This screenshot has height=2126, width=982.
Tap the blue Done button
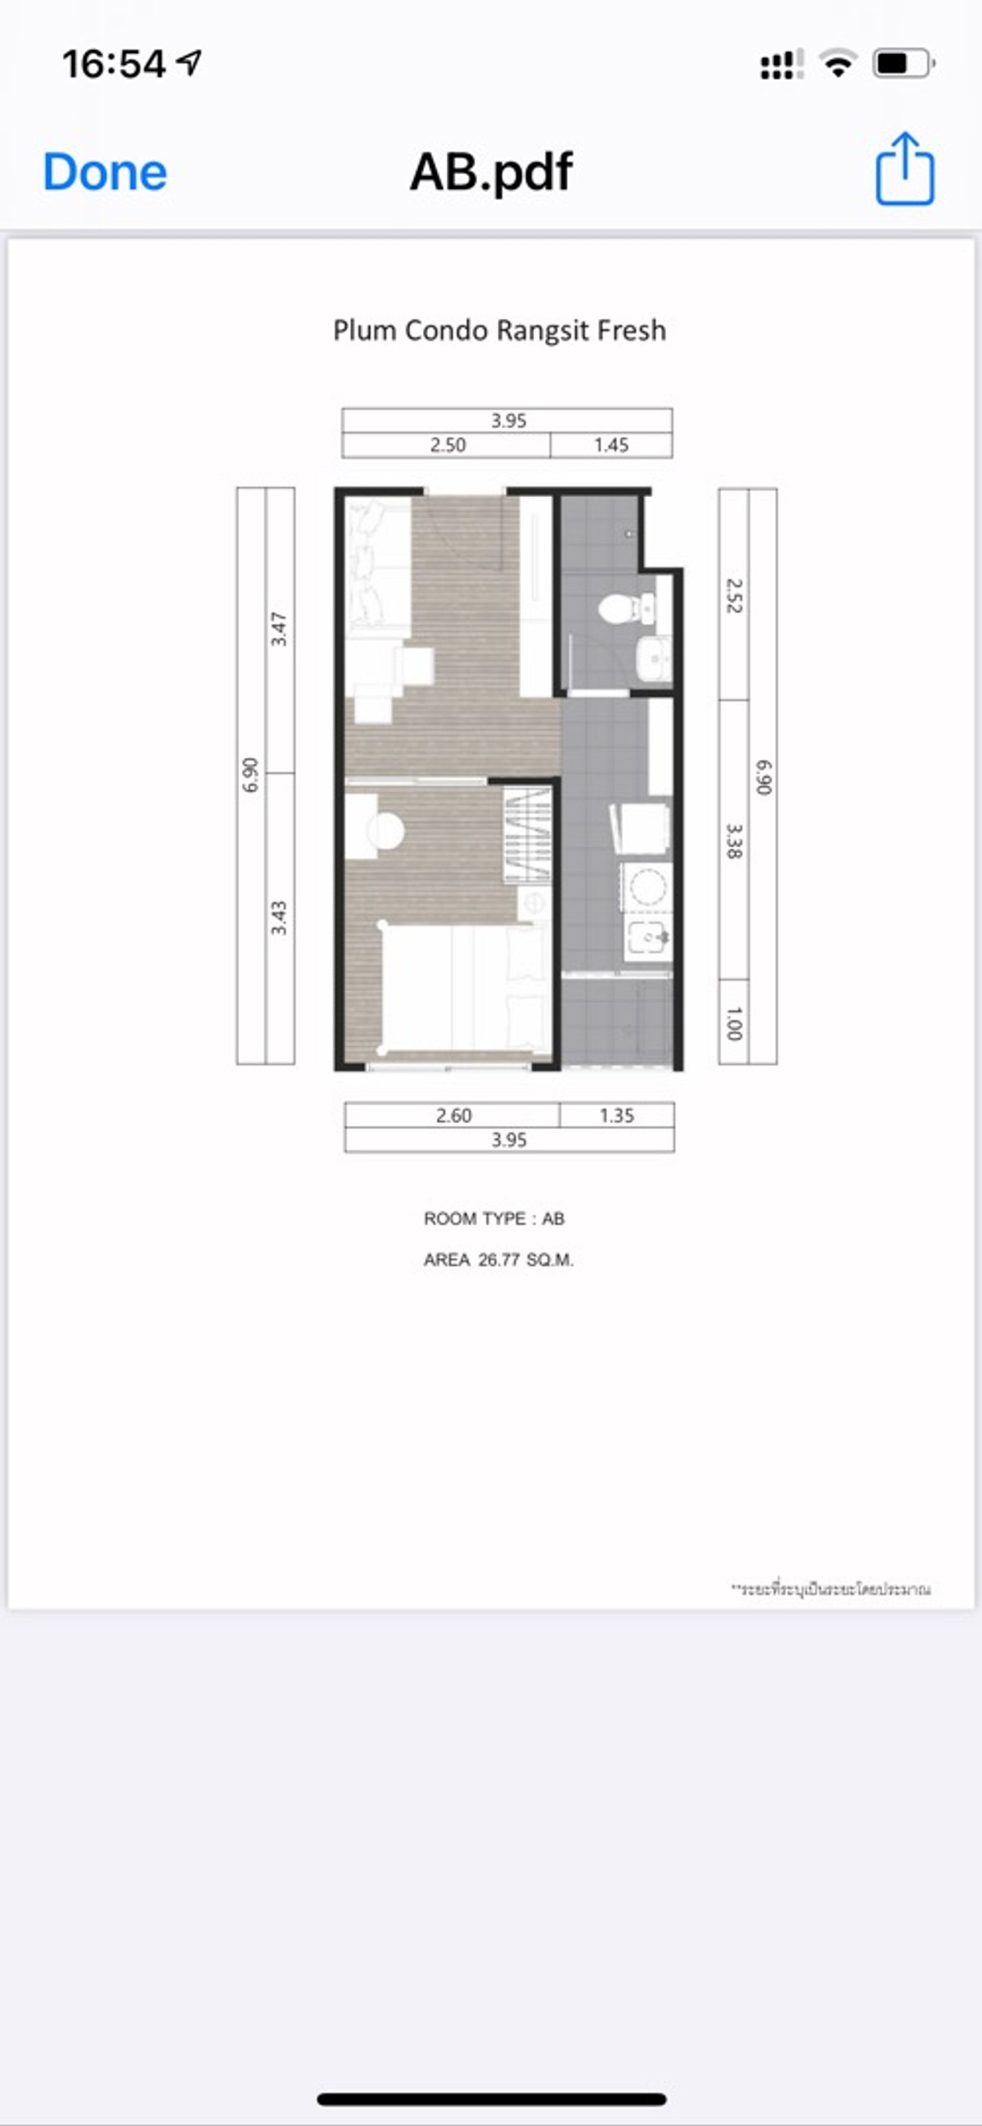point(105,173)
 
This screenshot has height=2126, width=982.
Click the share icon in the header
point(904,169)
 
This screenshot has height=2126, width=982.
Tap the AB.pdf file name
point(491,173)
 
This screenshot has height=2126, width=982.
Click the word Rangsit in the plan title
point(543,330)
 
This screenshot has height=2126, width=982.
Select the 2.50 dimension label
point(448,445)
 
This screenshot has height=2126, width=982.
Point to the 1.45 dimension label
point(610,445)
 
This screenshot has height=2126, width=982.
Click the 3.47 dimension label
point(279,629)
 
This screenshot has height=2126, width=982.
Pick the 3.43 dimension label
point(279,918)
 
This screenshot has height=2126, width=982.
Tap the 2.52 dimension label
point(733,595)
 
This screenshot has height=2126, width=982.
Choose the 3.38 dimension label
point(733,840)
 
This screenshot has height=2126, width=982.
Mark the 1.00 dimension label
point(733,1023)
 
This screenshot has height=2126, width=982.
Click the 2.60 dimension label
point(453,1116)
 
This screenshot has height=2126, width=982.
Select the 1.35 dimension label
point(616,1116)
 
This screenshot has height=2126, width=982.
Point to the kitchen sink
point(649,937)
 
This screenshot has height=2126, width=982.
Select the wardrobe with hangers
point(527,834)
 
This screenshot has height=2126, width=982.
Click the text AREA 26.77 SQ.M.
point(498,1260)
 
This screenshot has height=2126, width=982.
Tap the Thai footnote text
point(831,1589)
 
